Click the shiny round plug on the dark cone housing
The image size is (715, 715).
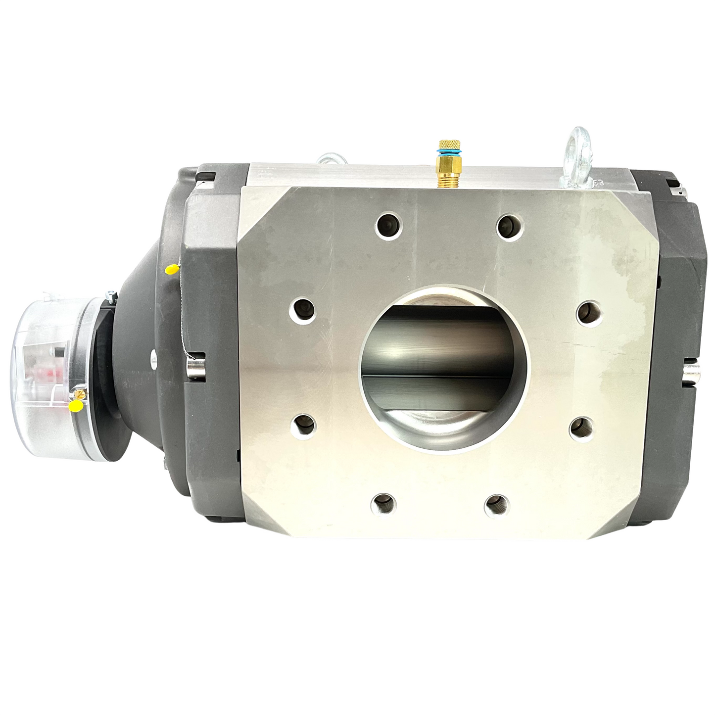pyautogui.click(x=152, y=356)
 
